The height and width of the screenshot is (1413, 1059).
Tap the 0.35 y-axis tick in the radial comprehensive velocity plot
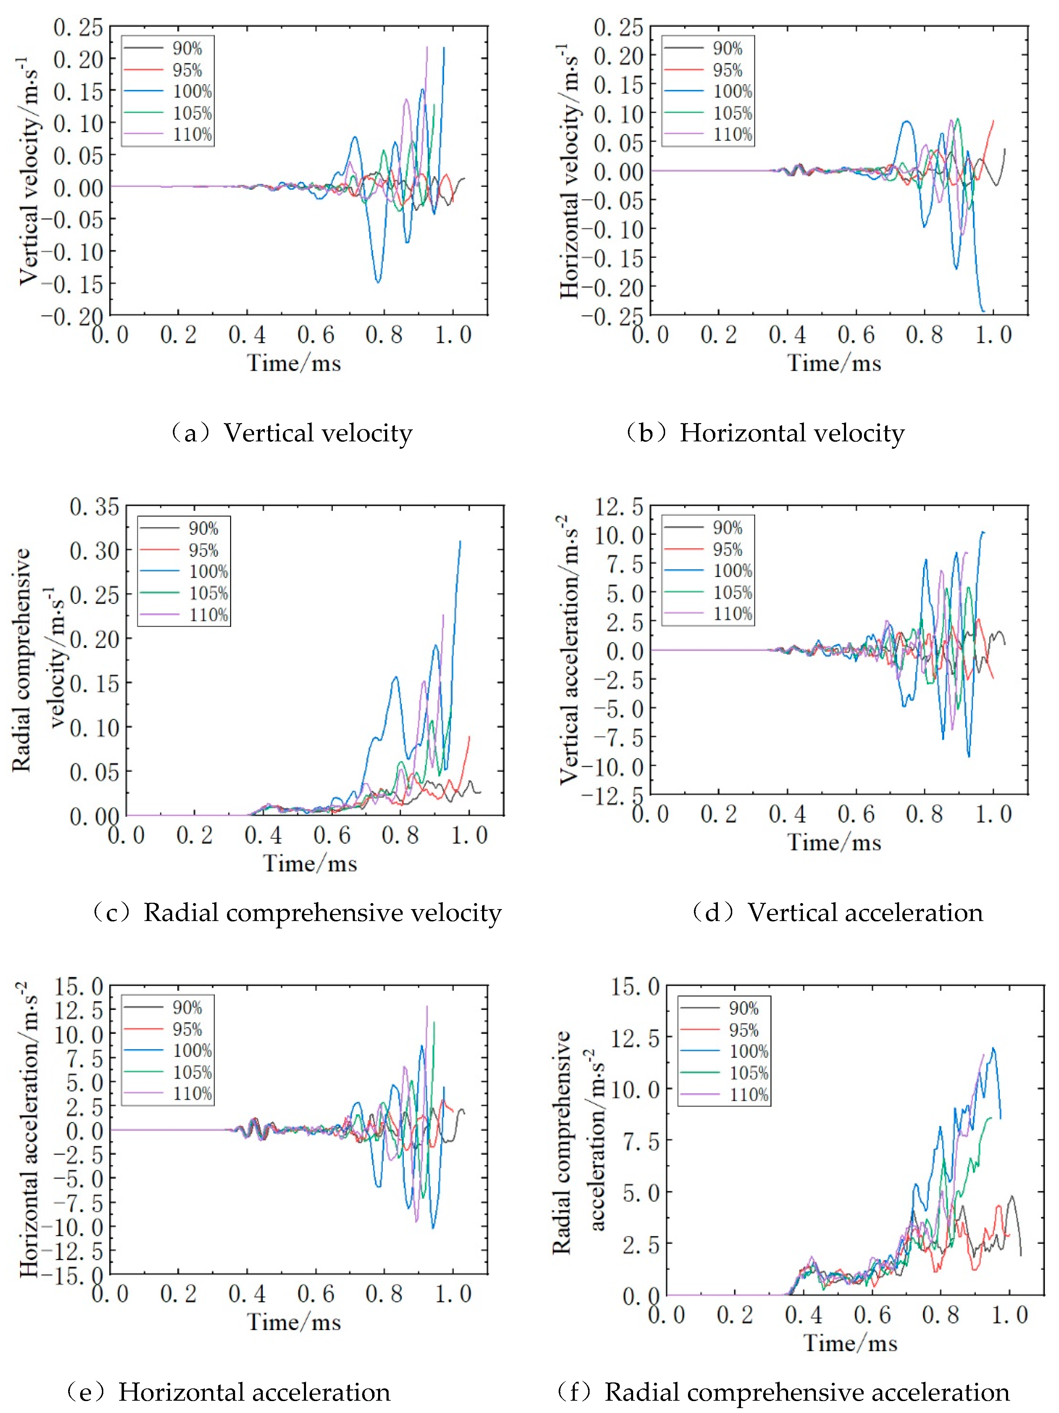pos(94,507)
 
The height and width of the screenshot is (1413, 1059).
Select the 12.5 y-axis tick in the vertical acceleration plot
pos(619,507)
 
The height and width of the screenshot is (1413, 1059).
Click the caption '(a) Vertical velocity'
pos(291,433)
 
